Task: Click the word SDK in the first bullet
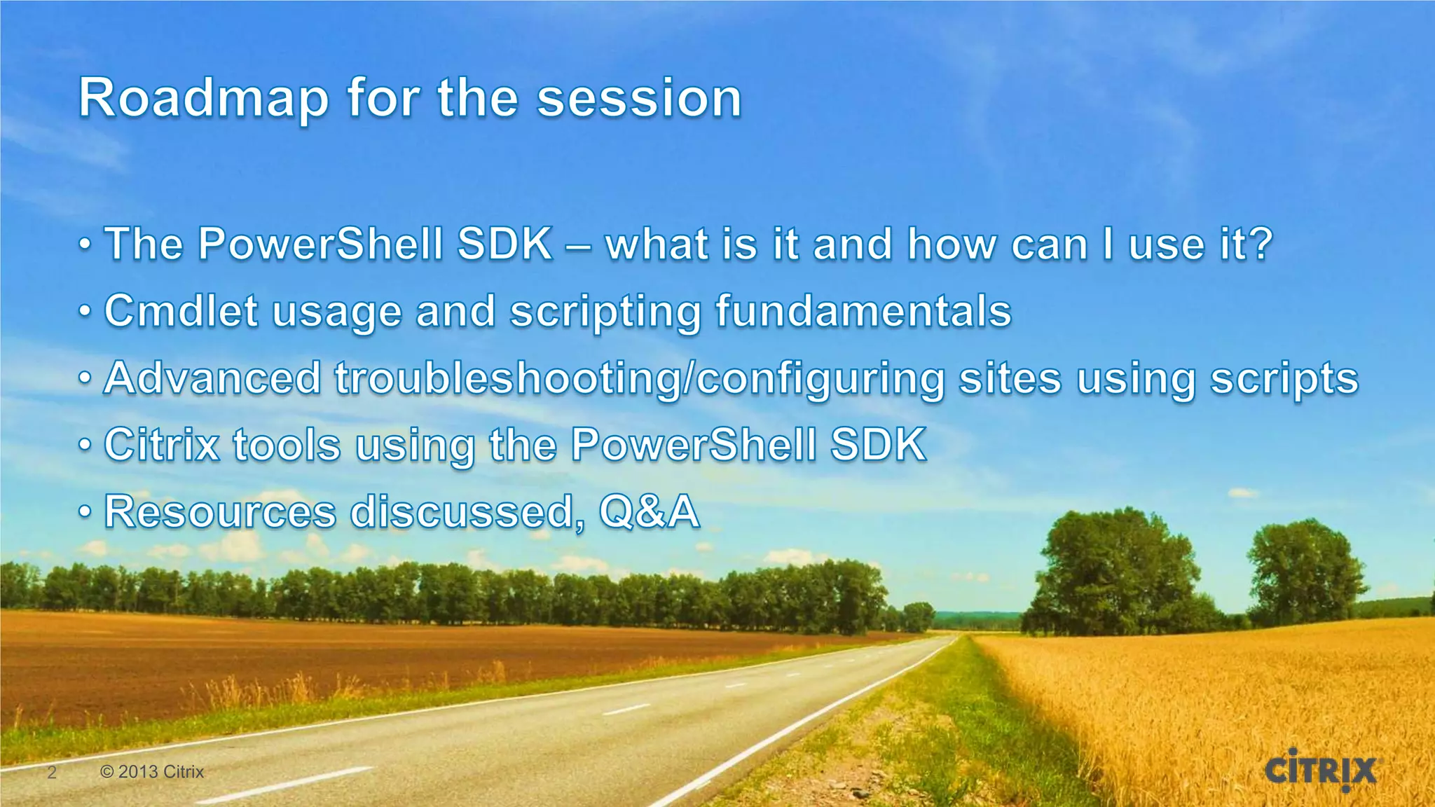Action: point(504,244)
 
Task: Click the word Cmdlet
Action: point(181,311)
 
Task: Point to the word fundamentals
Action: point(863,311)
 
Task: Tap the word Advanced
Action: point(212,378)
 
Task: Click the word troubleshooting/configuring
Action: point(639,380)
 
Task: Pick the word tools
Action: point(287,445)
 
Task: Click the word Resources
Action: point(220,511)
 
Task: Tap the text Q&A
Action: point(649,511)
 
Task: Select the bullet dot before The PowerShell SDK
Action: point(85,246)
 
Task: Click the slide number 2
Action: point(51,773)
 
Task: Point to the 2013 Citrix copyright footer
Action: point(152,772)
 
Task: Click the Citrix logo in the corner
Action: point(1320,770)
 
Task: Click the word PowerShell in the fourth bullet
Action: point(693,445)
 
